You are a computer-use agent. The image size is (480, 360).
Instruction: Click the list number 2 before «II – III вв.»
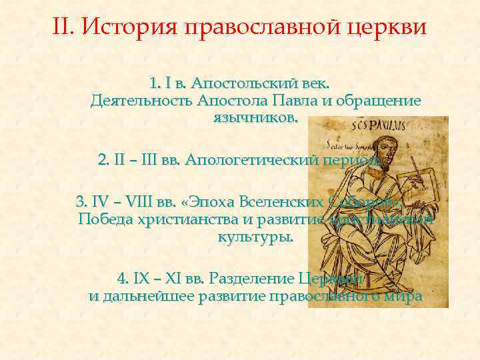pos(102,161)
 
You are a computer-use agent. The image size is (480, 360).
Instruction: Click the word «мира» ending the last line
pos(405,296)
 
